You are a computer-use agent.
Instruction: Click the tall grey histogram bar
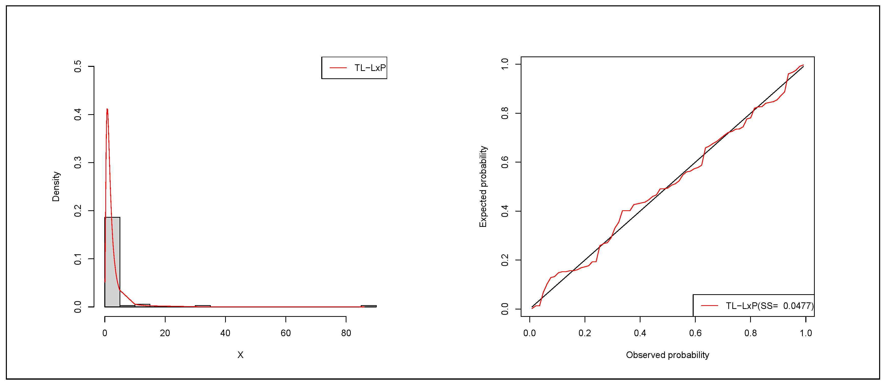pyautogui.click(x=112, y=262)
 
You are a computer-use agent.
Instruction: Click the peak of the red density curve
pyautogui.click(x=107, y=110)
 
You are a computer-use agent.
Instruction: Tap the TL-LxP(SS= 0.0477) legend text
pyautogui.click(x=769, y=306)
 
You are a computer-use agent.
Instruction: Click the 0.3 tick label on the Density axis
pyautogui.click(x=78, y=162)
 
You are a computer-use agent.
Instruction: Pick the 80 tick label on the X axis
pyautogui.click(x=346, y=333)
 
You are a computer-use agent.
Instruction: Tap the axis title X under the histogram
pyautogui.click(x=240, y=355)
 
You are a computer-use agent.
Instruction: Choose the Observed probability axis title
pyautogui.click(x=667, y=355)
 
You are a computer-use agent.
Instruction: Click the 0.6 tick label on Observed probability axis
pyautogui.click(x=695, y=333)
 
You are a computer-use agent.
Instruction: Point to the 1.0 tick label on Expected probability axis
pyautogui.click(x=505, y=64)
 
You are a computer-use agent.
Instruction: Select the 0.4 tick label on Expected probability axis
pyautogui.click(x=505, y=211)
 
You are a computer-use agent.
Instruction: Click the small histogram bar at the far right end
pyautogui.click(x=368, y=306)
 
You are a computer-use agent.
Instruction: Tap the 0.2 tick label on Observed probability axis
pyautogui.click(x=585, y=333)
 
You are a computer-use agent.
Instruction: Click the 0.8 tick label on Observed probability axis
pyautogui.click(x=750, y=333)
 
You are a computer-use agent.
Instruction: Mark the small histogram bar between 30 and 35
pyautogui.click(x=202, y=306)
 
